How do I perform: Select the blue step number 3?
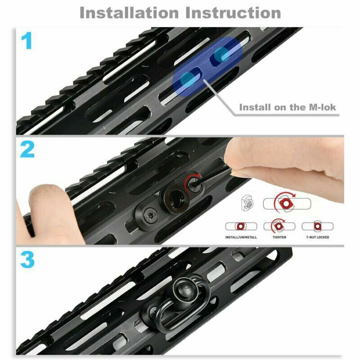[27, 260]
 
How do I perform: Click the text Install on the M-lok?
[288, 108]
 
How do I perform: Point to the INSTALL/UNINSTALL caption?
[241, 237]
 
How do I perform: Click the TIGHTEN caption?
[279, 237]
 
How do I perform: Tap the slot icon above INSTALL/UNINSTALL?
[241, 226]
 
